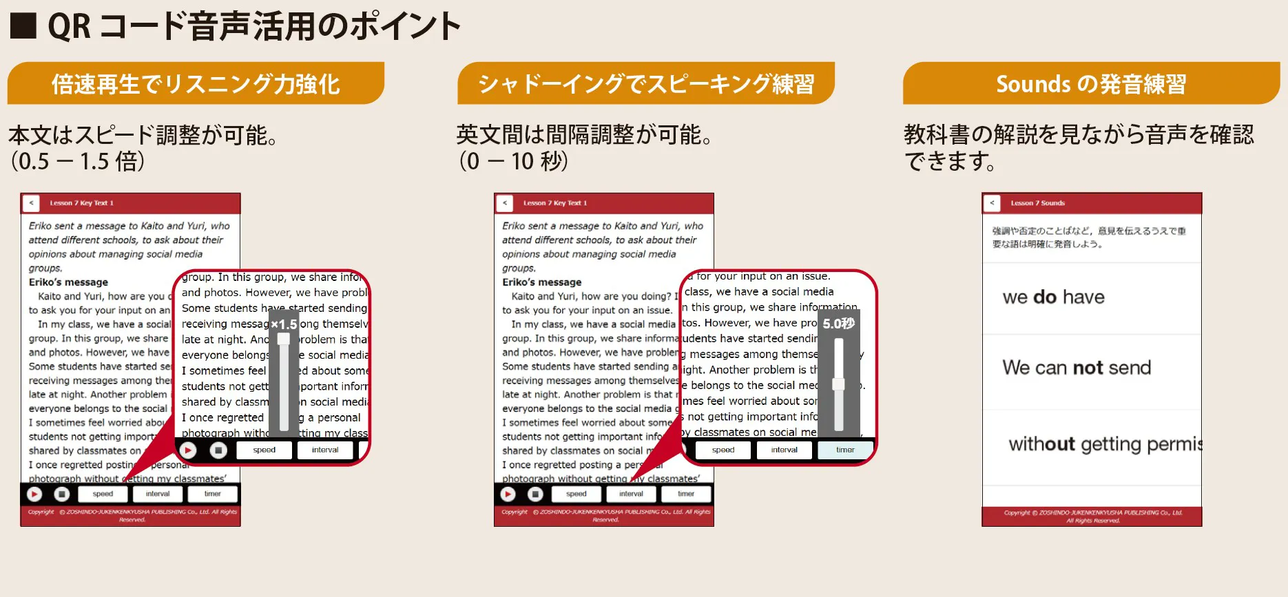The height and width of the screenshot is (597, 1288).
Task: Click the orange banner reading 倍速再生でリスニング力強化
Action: tap(196, 84)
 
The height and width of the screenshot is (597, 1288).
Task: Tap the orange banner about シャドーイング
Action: tap(645, 84)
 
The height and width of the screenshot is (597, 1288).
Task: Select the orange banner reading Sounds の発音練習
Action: tap(1091, 84)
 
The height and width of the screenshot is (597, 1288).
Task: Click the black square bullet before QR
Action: tap(23, 26)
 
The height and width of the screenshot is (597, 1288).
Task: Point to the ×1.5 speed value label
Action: tap(283, 324)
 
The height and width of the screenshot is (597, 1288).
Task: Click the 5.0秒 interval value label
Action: tap(838, 324)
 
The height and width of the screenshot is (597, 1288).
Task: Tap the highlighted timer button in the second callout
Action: tap(845, 450)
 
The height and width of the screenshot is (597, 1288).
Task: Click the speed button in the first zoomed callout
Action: tap(264, 450)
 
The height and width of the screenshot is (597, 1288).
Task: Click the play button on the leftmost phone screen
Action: tap(34, 494)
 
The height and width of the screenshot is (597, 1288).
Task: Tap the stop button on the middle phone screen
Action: tap(535, 494)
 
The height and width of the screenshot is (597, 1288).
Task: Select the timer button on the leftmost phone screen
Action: tap(212, 494)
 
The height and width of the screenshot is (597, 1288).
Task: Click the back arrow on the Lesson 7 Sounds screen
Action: tap(992, 203)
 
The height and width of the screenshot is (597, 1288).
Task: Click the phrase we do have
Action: tap(1053, 297)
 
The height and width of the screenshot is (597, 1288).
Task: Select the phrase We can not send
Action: tap(1077, 368)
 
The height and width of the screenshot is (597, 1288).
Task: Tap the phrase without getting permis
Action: tap(1105, 444)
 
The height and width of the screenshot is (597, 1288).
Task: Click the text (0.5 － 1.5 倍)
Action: tap(77, 161)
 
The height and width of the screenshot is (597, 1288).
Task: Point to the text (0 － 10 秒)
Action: tap(513, 161)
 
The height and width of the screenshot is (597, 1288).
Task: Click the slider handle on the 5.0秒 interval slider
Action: tap(838, 384)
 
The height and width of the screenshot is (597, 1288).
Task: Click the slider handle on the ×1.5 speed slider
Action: tap(283, 339)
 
